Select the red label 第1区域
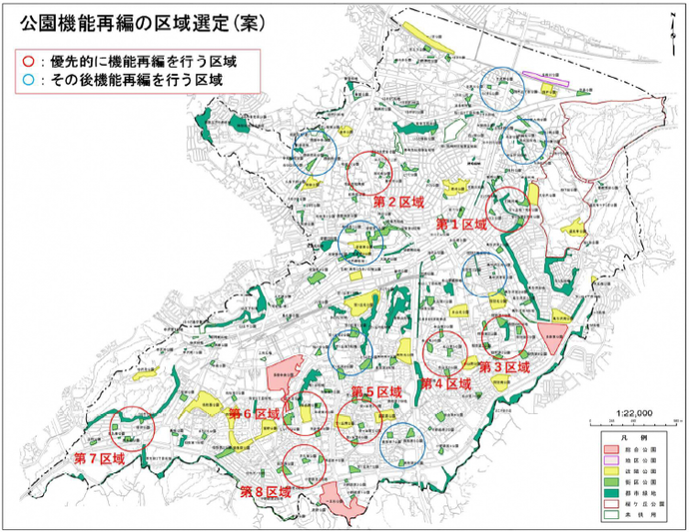point(460,226)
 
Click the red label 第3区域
point(503,367)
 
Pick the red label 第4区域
point(444,384)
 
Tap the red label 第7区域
point(100,458)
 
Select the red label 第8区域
point(266,491)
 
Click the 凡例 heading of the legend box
point(637,438)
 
